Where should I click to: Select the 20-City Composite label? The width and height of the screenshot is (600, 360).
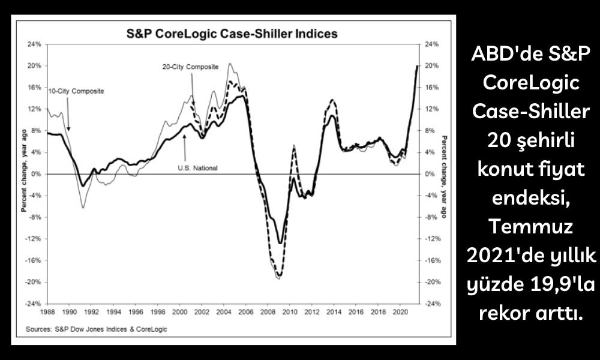click(190, 67)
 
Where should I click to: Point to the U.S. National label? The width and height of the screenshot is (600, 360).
click(197, 168)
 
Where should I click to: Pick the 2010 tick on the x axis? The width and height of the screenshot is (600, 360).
click(290, 312)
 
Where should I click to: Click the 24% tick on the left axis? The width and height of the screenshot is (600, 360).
click(34, 44)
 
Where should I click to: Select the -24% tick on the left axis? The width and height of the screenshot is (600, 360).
click(33, 304)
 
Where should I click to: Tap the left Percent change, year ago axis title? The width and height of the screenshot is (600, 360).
click(24, 174)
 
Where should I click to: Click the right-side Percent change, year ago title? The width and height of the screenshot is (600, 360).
click(443, 174)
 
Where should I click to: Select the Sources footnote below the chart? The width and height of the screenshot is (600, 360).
click(97, 329)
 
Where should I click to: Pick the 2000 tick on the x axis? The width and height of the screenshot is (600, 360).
click(179, 312)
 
